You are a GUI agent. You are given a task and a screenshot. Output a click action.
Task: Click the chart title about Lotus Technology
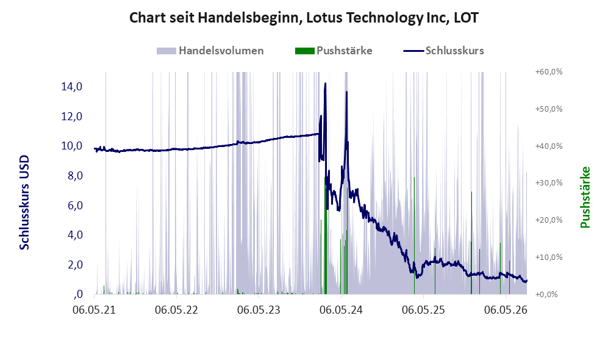[x=304, y=18]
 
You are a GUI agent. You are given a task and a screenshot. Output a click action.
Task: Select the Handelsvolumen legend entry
[x=210, y=51]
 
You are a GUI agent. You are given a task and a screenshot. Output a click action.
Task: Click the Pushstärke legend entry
[x=334, y=51]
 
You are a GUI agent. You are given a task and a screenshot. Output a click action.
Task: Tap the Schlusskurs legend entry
[x=443, y=51]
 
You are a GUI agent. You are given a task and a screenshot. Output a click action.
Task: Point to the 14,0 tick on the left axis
[x=72, y=87]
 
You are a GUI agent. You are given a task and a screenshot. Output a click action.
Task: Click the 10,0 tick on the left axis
[x=72, y=146]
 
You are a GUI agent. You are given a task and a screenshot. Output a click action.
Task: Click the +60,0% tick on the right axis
[x=549, y=72]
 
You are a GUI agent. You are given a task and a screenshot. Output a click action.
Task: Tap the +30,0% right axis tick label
[x=549, y=182]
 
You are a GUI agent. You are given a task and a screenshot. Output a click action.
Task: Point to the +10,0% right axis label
[x=549, y=257]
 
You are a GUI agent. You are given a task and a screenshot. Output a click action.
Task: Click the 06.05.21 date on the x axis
[x=95, y=310]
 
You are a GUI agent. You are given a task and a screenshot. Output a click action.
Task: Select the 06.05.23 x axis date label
[x=259, y=310]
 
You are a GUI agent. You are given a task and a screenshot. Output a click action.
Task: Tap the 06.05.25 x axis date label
[x=423, y=310]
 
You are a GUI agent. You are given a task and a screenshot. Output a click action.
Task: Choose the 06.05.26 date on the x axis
[x=506, y=310]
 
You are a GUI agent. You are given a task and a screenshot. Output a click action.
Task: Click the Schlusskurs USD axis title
[x=24, y=202]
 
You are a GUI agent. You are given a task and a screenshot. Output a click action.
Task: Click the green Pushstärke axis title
[x=585, y=197]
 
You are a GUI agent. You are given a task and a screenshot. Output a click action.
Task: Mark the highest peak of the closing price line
[x=325, y=84]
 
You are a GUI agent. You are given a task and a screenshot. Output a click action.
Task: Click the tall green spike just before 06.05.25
[x=414, y=236]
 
